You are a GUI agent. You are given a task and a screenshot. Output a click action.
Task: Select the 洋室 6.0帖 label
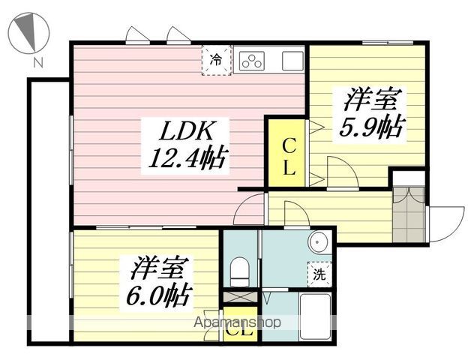158,281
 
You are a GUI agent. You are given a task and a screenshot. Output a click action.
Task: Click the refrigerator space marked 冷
217,60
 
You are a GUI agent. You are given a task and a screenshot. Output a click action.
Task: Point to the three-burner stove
251,61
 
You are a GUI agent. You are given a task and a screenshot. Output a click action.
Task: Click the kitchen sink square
292,61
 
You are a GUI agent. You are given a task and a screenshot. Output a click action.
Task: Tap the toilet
240,271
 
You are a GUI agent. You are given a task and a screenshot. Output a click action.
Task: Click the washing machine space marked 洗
319,274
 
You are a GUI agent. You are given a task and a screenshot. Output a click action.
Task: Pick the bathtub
315,316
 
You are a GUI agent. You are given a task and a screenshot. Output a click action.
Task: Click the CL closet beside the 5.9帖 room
286,153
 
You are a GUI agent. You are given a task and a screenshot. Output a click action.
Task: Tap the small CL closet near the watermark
240,325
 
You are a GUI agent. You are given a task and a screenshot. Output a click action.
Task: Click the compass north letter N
38,62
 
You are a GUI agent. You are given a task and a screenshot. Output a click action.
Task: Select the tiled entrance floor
409,214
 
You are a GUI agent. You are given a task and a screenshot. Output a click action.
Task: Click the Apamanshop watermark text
237,322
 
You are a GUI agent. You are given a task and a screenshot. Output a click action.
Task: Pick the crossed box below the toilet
240,297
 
